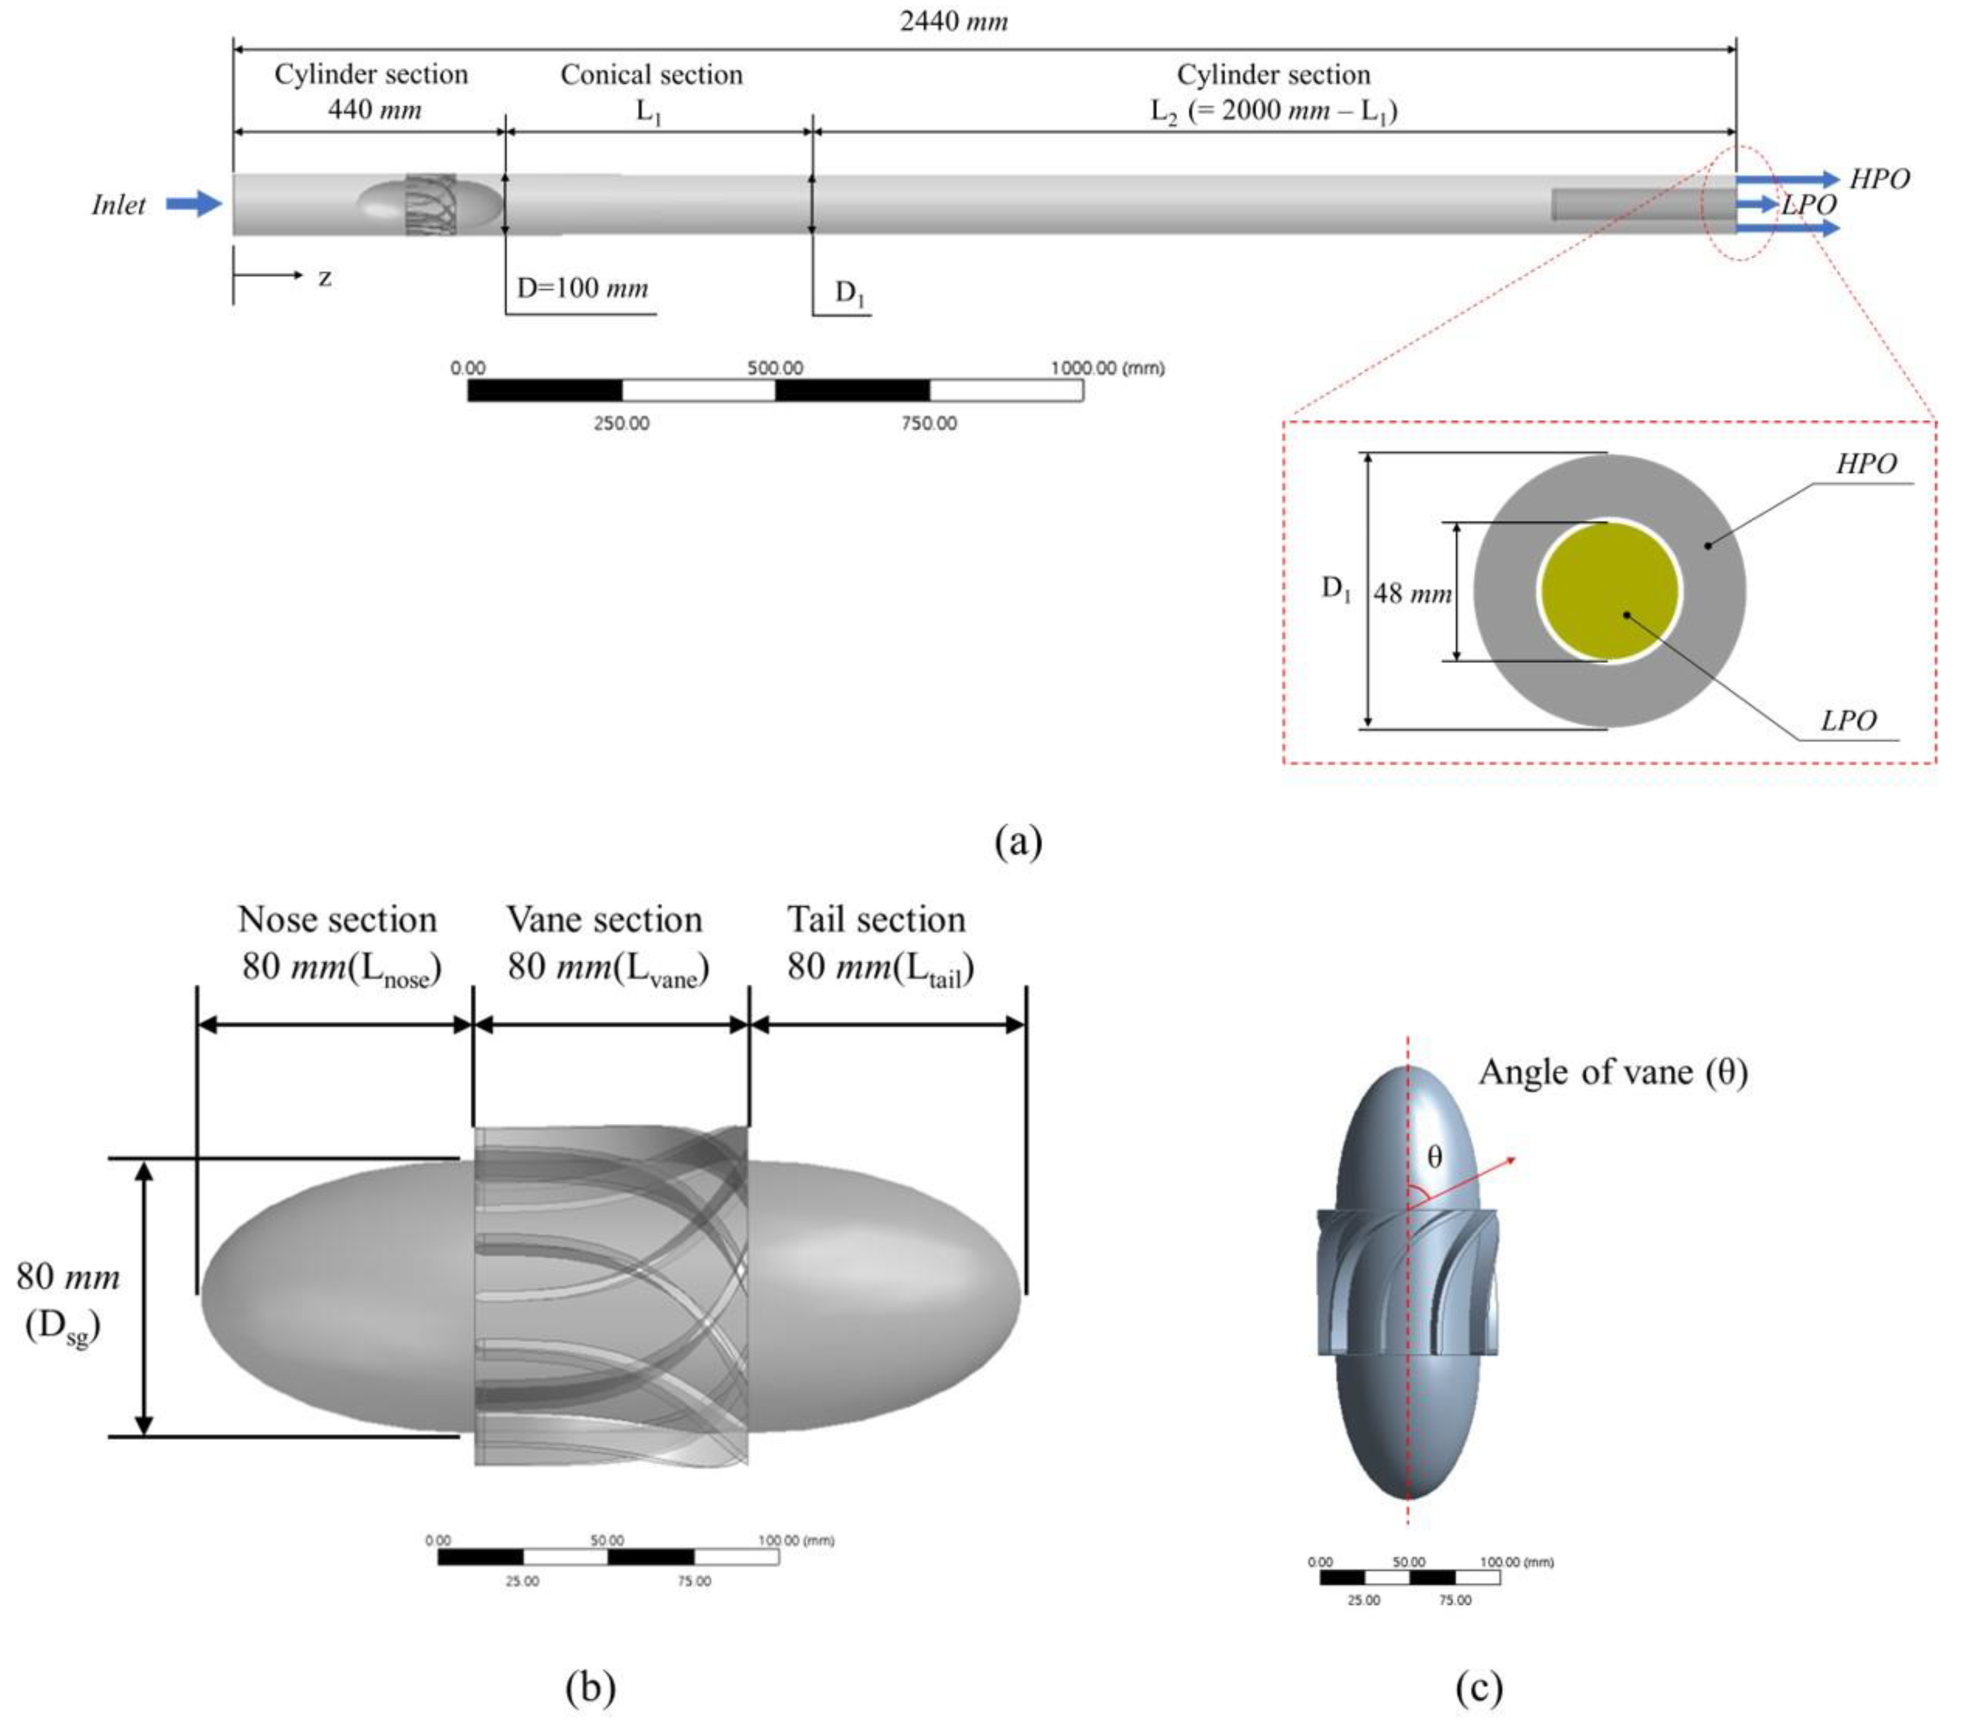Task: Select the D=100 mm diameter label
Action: tap(582, 288)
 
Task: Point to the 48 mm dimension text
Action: tap(1412, 593)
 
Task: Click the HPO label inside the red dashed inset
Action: tap(1866, 464)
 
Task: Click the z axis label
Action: tap(325, 278)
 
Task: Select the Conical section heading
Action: tap(651, 75)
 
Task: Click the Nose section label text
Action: tap(338, 919)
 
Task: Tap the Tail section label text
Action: tap(876, 919)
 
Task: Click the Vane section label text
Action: tap(604, 919)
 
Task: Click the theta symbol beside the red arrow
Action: tap(1434, 1157)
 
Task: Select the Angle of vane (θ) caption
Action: tap(1613, 1071)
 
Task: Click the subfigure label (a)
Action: tap(1018, 841)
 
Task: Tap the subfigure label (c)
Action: tap(1478, 1688)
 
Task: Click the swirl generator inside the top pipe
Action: tap(430, 204)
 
